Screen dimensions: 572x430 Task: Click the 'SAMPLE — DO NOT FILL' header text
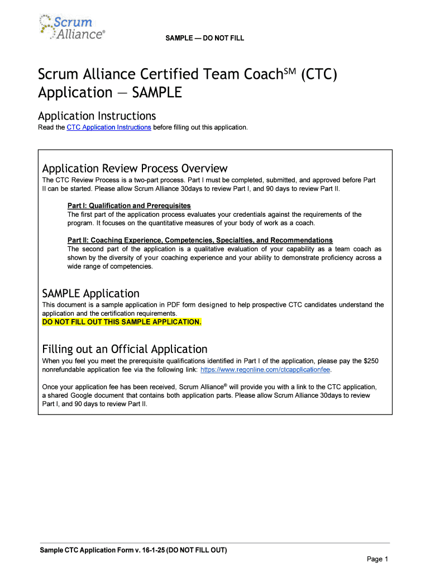click(x=204, y=38)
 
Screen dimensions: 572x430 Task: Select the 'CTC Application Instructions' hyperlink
click(x=109, y=127)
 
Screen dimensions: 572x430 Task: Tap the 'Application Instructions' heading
click(x=97, y=116)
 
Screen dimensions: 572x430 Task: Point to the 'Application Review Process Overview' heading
click(x=135, y=168)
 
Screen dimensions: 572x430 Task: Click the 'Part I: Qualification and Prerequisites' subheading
click(x=129, y=206)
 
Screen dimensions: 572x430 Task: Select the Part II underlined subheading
click(x=200, y=240)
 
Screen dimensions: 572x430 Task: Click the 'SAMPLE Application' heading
click(x=91, y=293)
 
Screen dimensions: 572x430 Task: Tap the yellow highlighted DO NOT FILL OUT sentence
click(x=122, y=322)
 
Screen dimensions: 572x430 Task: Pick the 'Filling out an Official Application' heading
click(x=125, y=349)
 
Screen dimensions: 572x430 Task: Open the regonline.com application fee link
click(x=261, y=370)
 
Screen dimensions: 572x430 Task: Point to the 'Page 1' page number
click(x=377, y=559)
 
